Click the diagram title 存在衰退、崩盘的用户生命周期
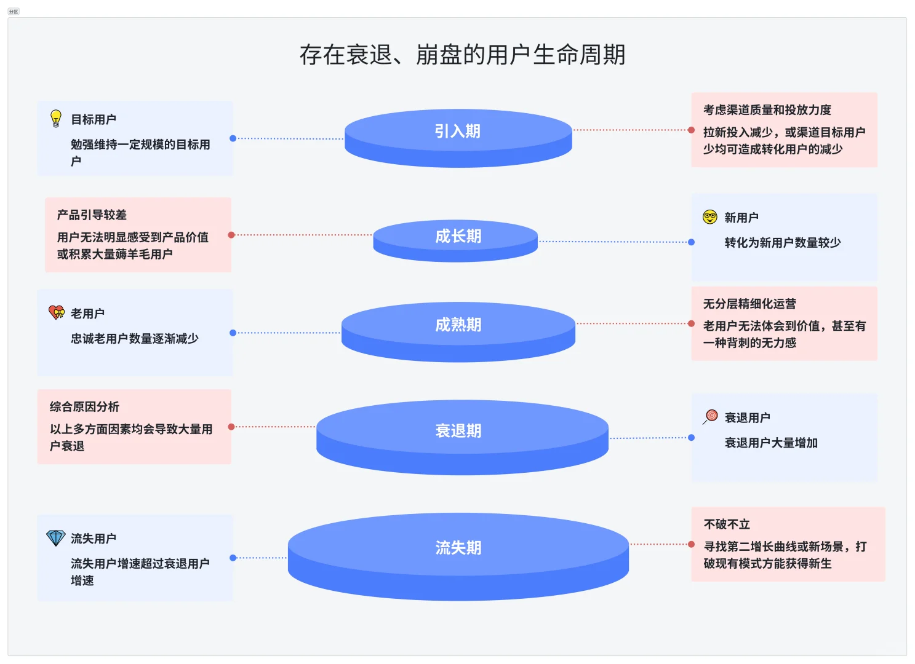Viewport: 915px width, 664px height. (x=462, y=55)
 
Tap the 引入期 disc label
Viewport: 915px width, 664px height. (x=457, y=131)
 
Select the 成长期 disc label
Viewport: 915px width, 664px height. (x=458, y=236)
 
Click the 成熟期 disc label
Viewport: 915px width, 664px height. (x=458, y=325)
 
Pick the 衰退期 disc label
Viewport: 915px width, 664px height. (x=458, y=430)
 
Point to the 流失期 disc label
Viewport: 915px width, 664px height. (x=458, y=547)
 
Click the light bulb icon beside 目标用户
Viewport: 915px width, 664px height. (x=56, y=119)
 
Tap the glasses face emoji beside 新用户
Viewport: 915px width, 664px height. (x=710, y=217)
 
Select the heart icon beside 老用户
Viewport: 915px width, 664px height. (x=57, y=313)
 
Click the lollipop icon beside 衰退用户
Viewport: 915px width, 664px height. (x=711, y=417)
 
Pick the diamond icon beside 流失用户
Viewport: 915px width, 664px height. (x=56, y=538)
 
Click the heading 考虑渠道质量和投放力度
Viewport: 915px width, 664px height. (x=767, y=110)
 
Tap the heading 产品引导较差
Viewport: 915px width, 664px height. (x=92, y=215)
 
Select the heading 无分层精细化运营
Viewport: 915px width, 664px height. (x=749, y=304)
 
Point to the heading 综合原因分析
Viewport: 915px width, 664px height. (x=84, y=407)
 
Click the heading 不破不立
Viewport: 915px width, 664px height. (x=727, y=524)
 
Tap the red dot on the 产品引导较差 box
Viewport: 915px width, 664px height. (x=231, y=235)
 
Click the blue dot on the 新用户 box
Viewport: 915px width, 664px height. (x=692, y=242)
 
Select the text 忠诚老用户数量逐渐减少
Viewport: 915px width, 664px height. (x=134, y=339)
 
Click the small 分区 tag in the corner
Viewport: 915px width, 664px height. (x=14, y=12)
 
